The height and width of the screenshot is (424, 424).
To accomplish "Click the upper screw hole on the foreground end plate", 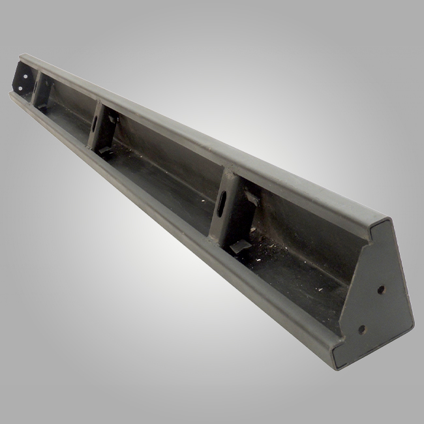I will (x=381, y=288).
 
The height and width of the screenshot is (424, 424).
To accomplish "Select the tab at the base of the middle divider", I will (x=104, y=151).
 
